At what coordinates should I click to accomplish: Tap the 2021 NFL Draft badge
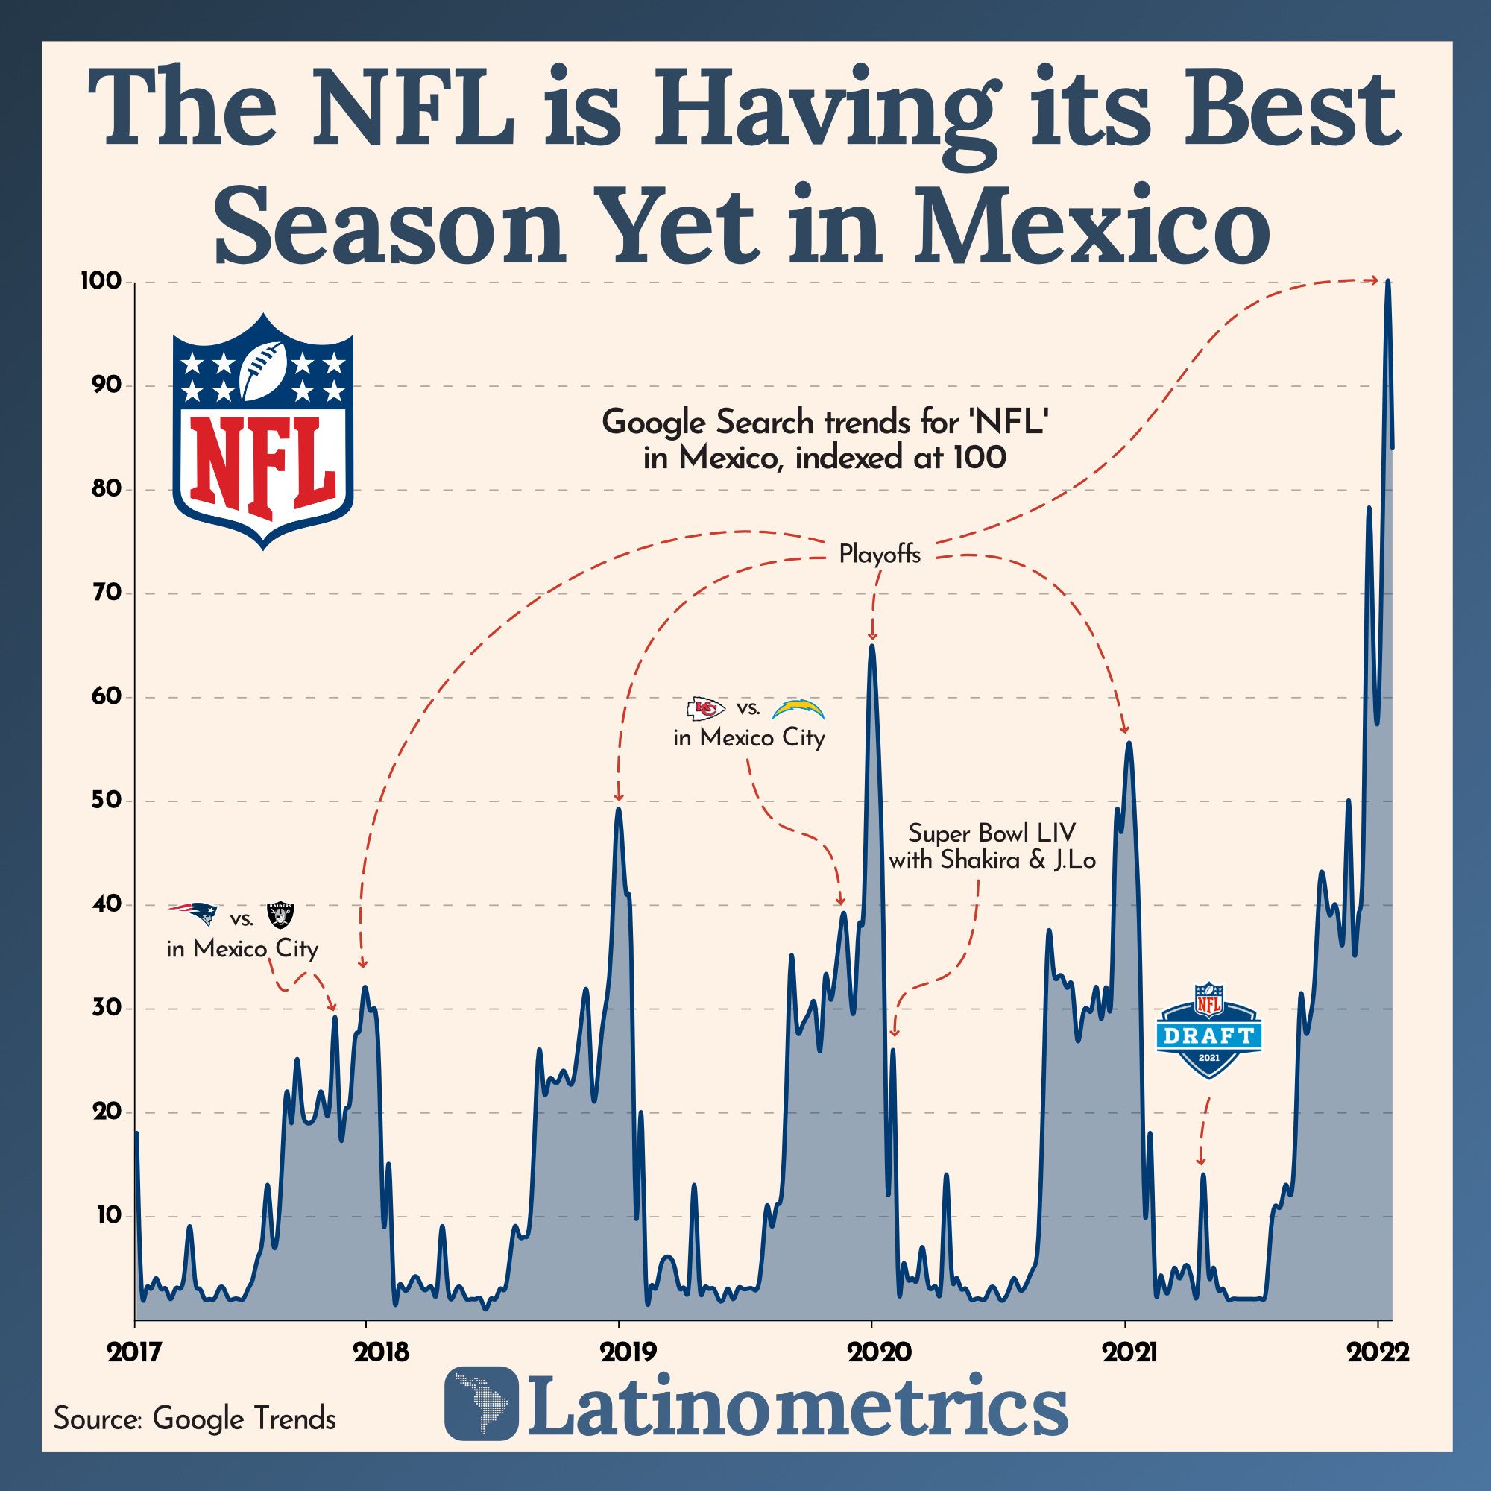pyautogui.click(x=1208, y=1030)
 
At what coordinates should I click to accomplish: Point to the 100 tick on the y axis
pyautogui.click(x=101, y=282)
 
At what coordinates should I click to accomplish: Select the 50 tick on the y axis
pyautogui.click(x=101, y=801)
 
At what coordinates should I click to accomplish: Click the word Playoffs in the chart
pyautogui.click(x=879, y=555)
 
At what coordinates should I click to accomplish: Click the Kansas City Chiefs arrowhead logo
pyautogui.click(x=705, y=707)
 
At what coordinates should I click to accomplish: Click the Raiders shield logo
pyautogui.click(x=280, y=915)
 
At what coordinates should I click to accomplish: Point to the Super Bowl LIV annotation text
pyautogui.click(x=992, y=846)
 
